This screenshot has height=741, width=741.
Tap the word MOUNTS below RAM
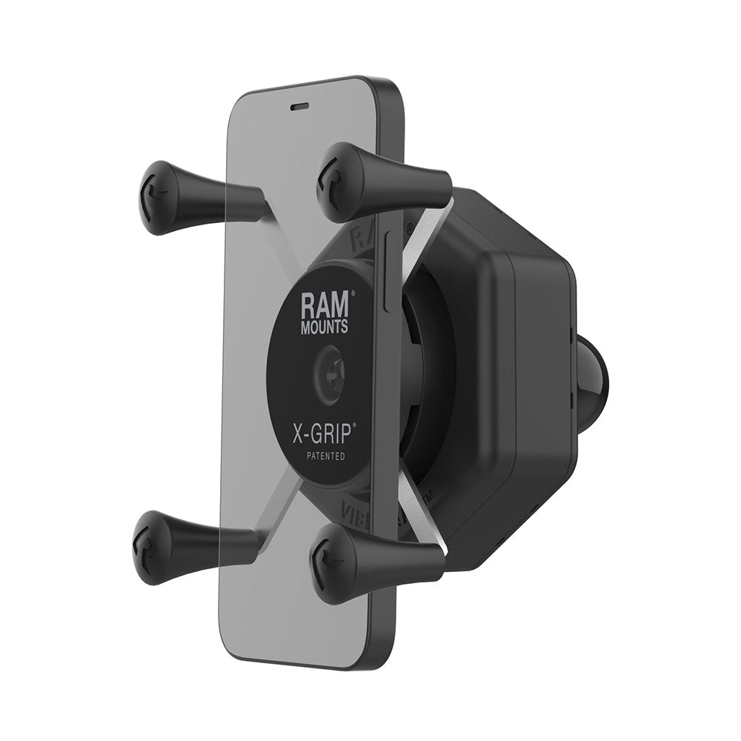pyautogui.click(x=324, y=325)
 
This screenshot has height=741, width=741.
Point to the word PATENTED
pyautogui.click(x=324, y=456)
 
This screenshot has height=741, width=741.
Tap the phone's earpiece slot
pyautogui.click(x=299, y=106)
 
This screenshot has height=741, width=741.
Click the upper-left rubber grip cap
pyautogui.click(x=157, y=197)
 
